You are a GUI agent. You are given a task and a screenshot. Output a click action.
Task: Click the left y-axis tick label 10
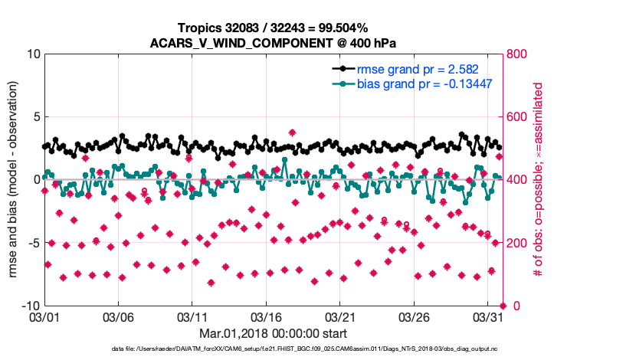point(32,54)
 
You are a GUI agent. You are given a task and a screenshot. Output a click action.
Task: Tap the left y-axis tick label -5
point(33,243)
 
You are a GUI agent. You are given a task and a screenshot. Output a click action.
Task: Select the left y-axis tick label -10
point(29,306)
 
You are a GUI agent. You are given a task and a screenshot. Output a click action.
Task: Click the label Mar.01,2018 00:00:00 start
point(274,334)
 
